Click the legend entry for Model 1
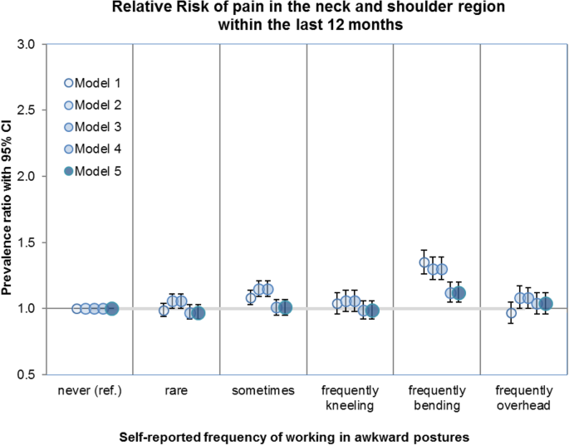point(93,84)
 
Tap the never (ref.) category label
point(90,391)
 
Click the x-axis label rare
point(176,391)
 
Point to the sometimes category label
point(263,391)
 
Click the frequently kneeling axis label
point(350,397)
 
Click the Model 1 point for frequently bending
point(424,262)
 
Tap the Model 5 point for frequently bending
point(459,292)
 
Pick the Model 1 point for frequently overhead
point(511,313)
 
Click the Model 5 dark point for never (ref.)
point(112,309)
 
